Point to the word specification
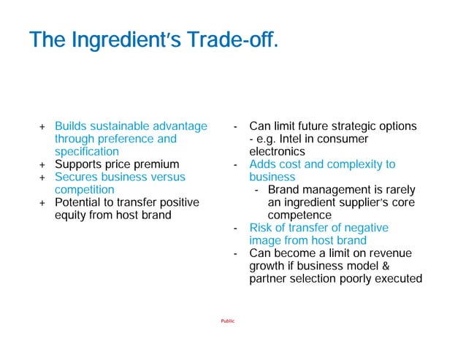(87, 151)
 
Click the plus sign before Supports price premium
(42, 164)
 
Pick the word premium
(157, 164)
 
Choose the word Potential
(81, 202)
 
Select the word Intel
(295, 139)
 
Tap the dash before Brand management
(256, 190)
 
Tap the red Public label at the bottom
(228, 321)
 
